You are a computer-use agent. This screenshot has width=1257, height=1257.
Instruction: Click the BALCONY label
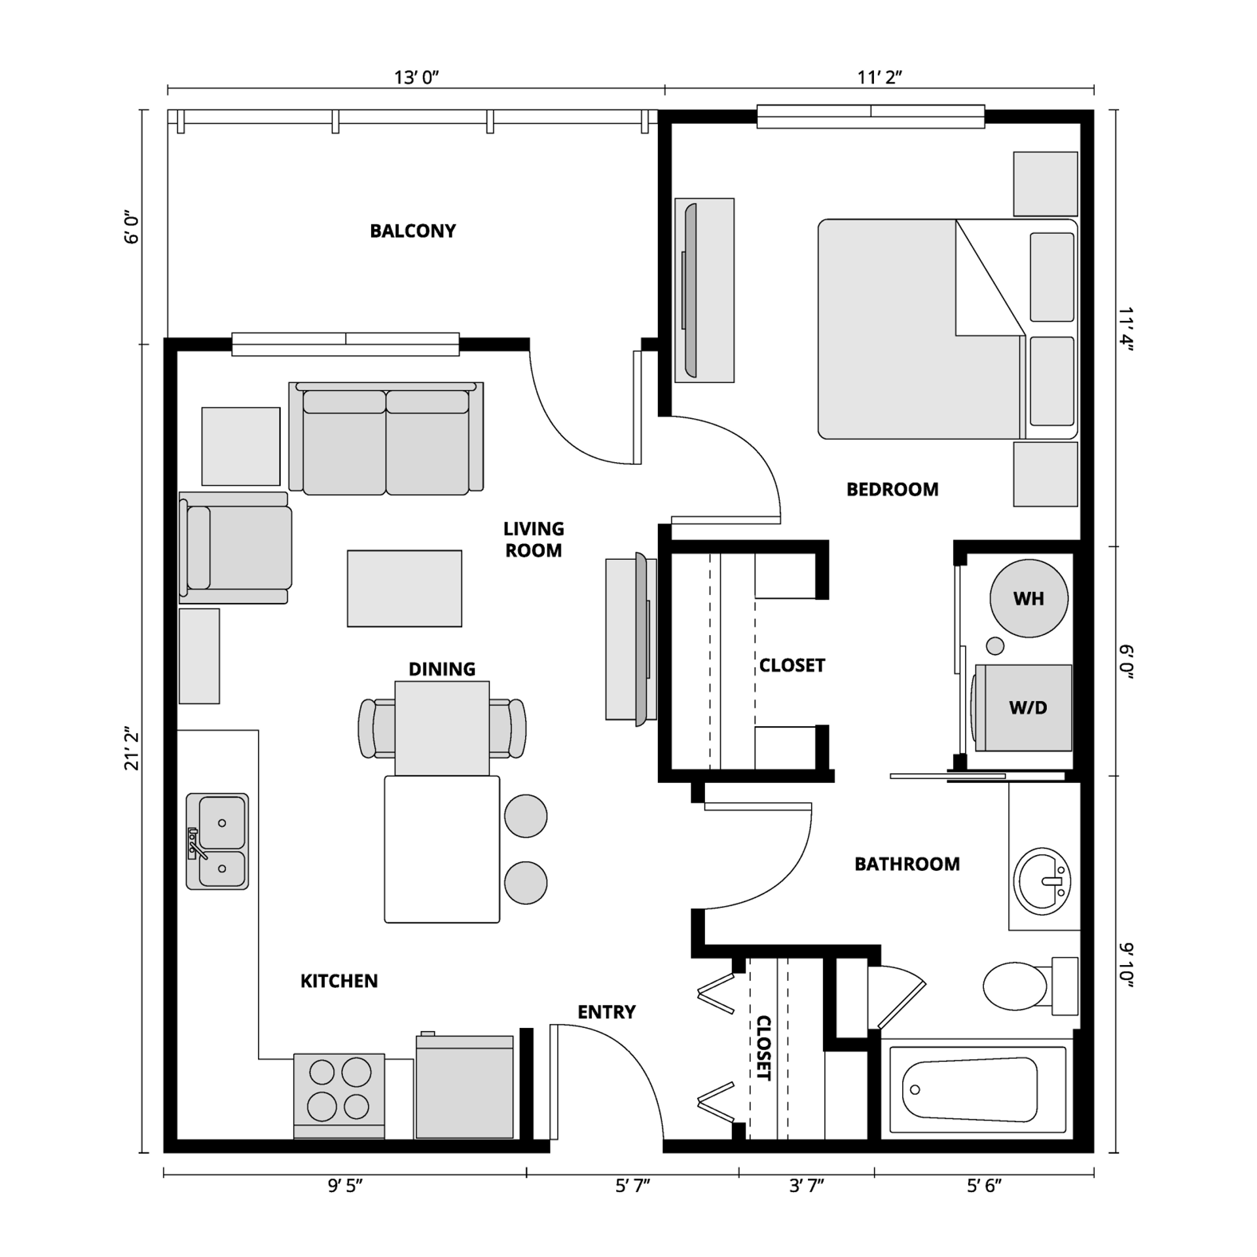pyautogui.click(x=412, y=231)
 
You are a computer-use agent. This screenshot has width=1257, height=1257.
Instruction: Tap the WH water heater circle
pyautogui.click(x=1029, y=598)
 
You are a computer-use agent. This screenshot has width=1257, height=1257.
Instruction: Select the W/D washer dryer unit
pyautogui.click(x=1027, y=708)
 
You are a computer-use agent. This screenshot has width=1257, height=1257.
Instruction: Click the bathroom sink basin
pyautogui.click(x=1042, y=881)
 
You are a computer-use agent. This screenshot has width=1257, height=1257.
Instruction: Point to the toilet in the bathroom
pyautogui.click(x=1021, y=987)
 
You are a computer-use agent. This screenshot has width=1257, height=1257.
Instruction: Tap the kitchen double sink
pyautogui.click(x=217, y=841)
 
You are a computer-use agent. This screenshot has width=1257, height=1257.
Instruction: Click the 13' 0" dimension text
pyautogui.click(x=416, y=78)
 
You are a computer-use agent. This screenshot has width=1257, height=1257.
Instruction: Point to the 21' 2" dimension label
pyautogui.click(x=133, y=748)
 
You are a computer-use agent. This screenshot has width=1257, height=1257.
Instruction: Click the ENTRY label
pyautogui.click(x=606, y=1012)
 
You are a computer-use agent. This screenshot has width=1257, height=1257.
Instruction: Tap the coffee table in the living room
pyautogui.click(x=404, y=589)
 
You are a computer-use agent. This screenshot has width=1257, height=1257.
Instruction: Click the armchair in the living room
pyautogui.click(x=236, y=547)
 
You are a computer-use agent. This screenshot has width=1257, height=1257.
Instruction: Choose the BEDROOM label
pyautogui.click(x=892, y=490)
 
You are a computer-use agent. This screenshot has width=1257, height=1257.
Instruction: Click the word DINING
pyautogui.click(x=442, y=669)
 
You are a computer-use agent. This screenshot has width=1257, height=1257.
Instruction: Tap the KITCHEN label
pyautogui.click(x=339, y=981)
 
